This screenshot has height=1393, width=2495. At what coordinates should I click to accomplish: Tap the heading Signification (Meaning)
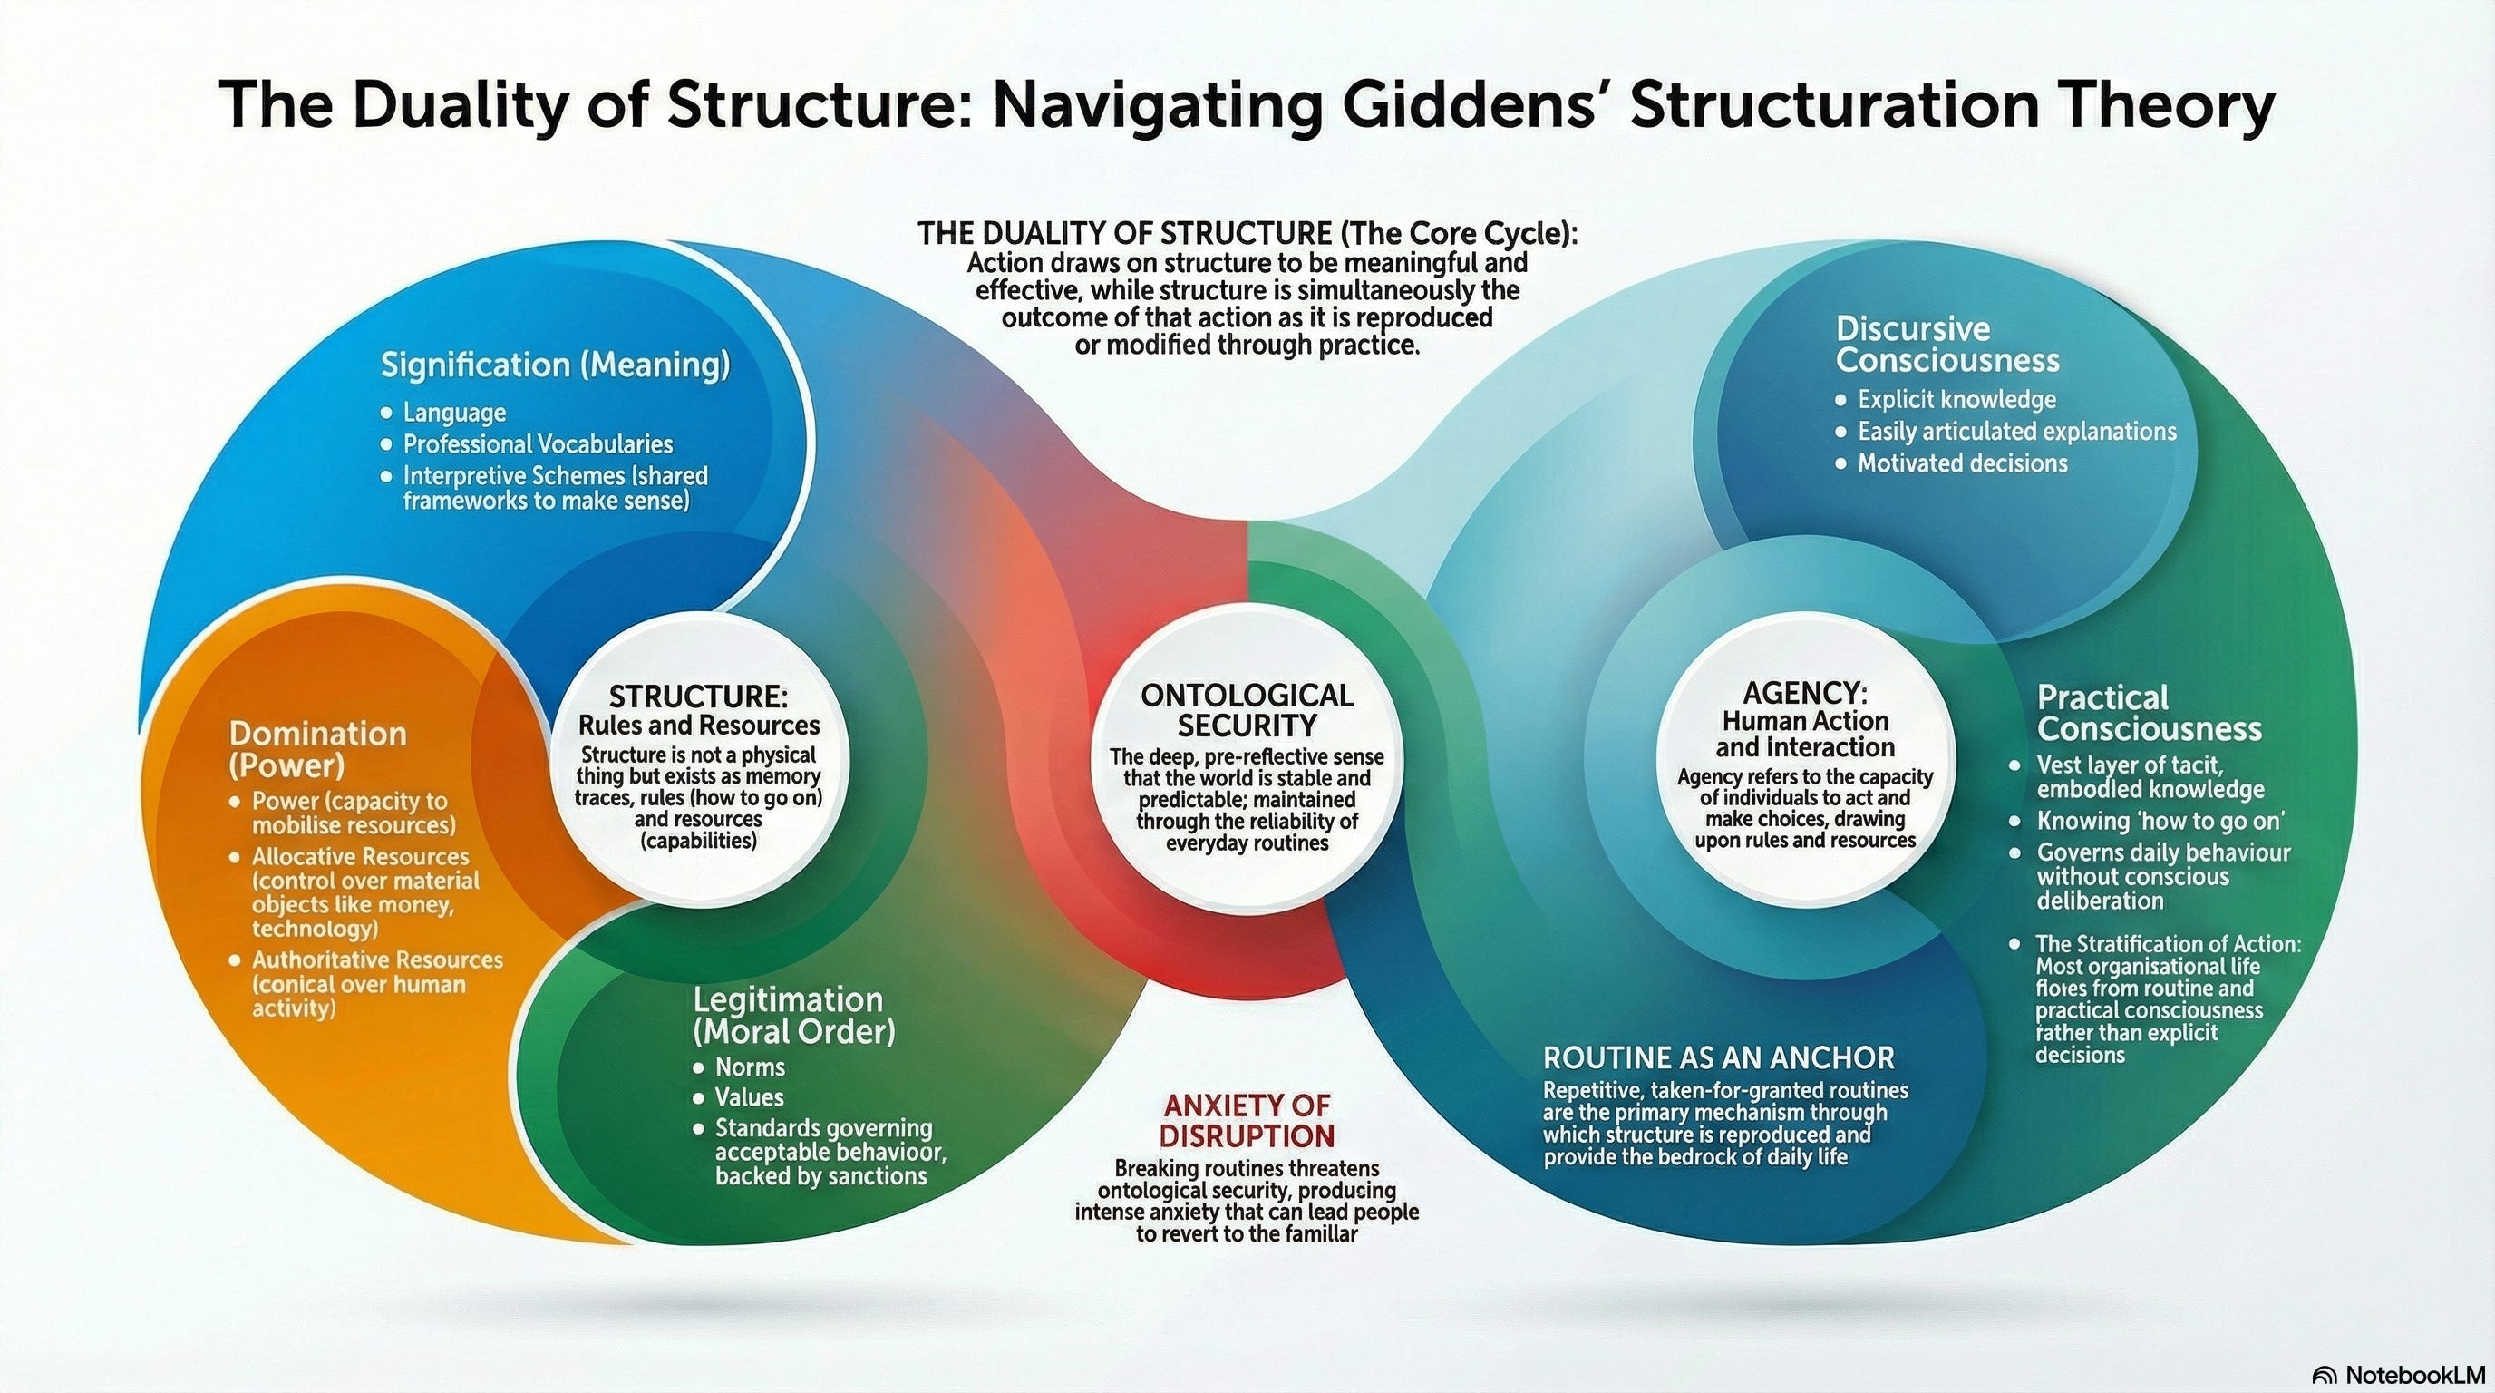pyautogui.click(x=555, y=365)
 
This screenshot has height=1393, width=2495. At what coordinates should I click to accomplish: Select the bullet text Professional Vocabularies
pyautogui.click(x=538, y=444)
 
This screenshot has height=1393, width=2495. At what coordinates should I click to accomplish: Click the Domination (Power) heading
pyautogui.click(x=317, y=749)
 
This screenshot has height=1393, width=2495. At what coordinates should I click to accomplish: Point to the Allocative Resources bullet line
pyautogui.click(x=360, y=857)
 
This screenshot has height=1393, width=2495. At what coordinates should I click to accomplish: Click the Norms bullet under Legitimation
pyautogui.click(x=750, y=1067)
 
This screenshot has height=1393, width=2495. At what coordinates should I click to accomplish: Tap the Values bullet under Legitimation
pyautogui.click(x=749, y=1097)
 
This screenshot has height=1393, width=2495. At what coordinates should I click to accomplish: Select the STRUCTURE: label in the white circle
pyautogui.click(x=698, y=696)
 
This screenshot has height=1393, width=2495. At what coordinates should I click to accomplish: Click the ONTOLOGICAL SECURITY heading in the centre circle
pyautogui.click(x=1247, y=710)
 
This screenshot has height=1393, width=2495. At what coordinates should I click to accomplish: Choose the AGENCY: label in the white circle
pyautogui.click(x=1804, y=693)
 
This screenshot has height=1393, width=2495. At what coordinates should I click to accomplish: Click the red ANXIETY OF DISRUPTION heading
pyautogui.click(x=1247, y=1120)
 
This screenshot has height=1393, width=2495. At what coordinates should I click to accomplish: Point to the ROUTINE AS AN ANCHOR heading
pyautogui.click(x=1718, y=1057)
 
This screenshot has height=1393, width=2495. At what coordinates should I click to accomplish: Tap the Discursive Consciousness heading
pyautogui.click(x=1946, y=345)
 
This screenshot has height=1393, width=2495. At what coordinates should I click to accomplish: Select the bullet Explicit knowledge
pyautogui.click(x=1956, y=400)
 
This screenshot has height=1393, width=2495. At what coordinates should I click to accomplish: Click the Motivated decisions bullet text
pyautogui.click(x=1962, y=464)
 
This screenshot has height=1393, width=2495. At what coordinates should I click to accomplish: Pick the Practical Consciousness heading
pyautogui.click(x=2149, y=713)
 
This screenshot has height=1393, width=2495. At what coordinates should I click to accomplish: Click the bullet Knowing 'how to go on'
pyautogui.click(x=2160, y=822)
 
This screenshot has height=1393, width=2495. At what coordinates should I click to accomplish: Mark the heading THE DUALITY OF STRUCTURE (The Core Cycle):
pyautogui.click(x=1247, y=233)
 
